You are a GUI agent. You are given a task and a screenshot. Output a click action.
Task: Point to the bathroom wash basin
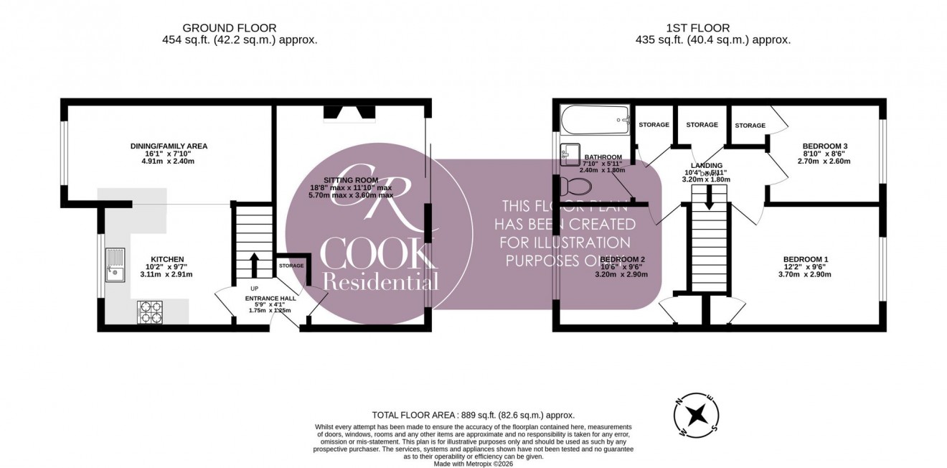pos(572,153)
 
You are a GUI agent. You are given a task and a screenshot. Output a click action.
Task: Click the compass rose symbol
pos(696,415)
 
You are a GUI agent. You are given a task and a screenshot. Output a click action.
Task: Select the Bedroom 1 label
pos(806,259)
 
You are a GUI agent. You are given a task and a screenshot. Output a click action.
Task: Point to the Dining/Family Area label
pos(169,146)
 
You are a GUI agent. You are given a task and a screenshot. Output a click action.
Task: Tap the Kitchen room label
pos(167,259)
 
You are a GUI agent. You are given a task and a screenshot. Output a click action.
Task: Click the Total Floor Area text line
pos(473,415)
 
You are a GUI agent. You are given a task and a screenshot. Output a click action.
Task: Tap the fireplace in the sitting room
pos(349,112)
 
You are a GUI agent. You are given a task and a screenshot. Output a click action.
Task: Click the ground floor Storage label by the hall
pos(291,266)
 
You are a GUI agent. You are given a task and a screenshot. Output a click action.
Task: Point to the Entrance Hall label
pos(269,298)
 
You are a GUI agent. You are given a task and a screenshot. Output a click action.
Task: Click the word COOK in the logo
pos(373,252)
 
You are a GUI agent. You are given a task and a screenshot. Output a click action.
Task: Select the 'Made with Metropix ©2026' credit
pos(473,463)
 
